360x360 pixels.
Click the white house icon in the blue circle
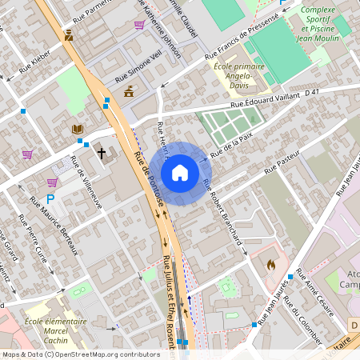point(180,172)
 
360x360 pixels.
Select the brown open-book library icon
point(77,128)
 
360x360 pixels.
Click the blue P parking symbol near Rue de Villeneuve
point(50,199)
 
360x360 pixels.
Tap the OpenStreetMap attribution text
point(80,354)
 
